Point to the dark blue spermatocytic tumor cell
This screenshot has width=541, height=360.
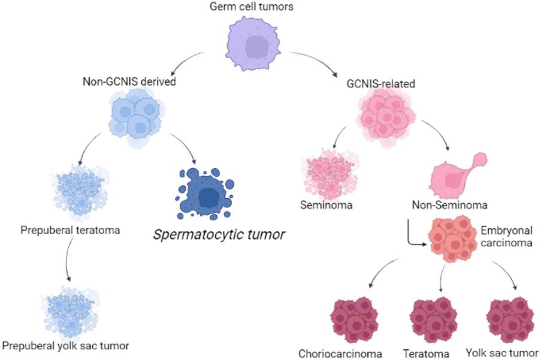pos(207,193)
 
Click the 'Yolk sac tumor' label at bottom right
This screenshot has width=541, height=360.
pos(501,352)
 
